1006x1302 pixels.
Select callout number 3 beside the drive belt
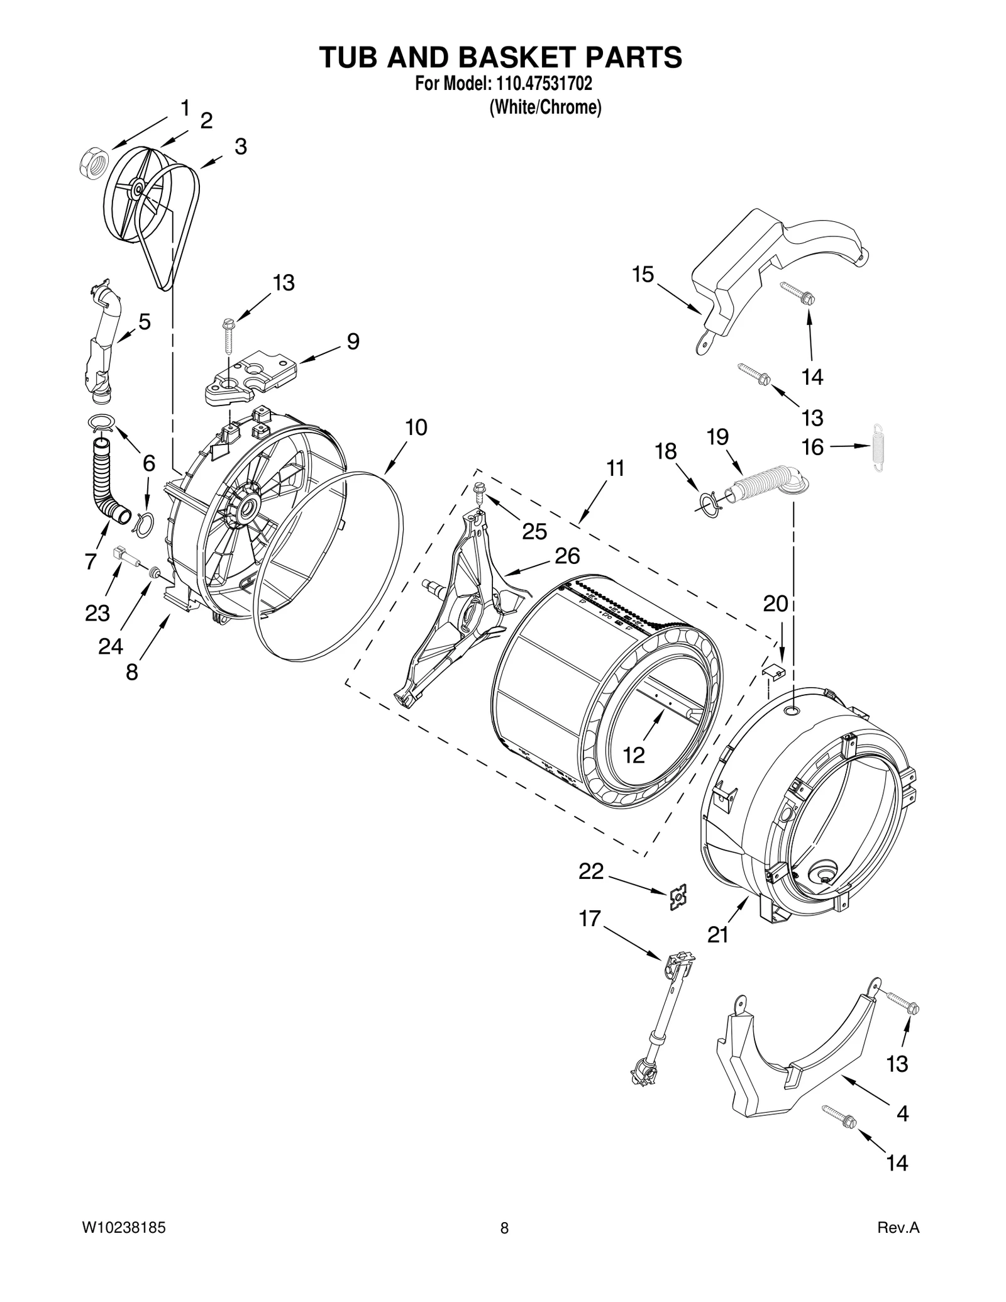(x=241, y=147)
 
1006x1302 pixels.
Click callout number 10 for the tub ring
(x=416, y=428)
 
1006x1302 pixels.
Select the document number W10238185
(x=124, y=1245)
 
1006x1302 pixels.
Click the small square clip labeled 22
(x=678, y=897)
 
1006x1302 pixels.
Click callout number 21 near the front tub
(x=717, y=934)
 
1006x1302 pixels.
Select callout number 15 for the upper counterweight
(x=643, y=275)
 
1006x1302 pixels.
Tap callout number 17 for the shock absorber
(x=590, y=919)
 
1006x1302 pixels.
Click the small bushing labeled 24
(x=152, y=573)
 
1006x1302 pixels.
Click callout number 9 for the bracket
(x=353, y=342)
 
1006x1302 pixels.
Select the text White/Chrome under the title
(x=545, y=108)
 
